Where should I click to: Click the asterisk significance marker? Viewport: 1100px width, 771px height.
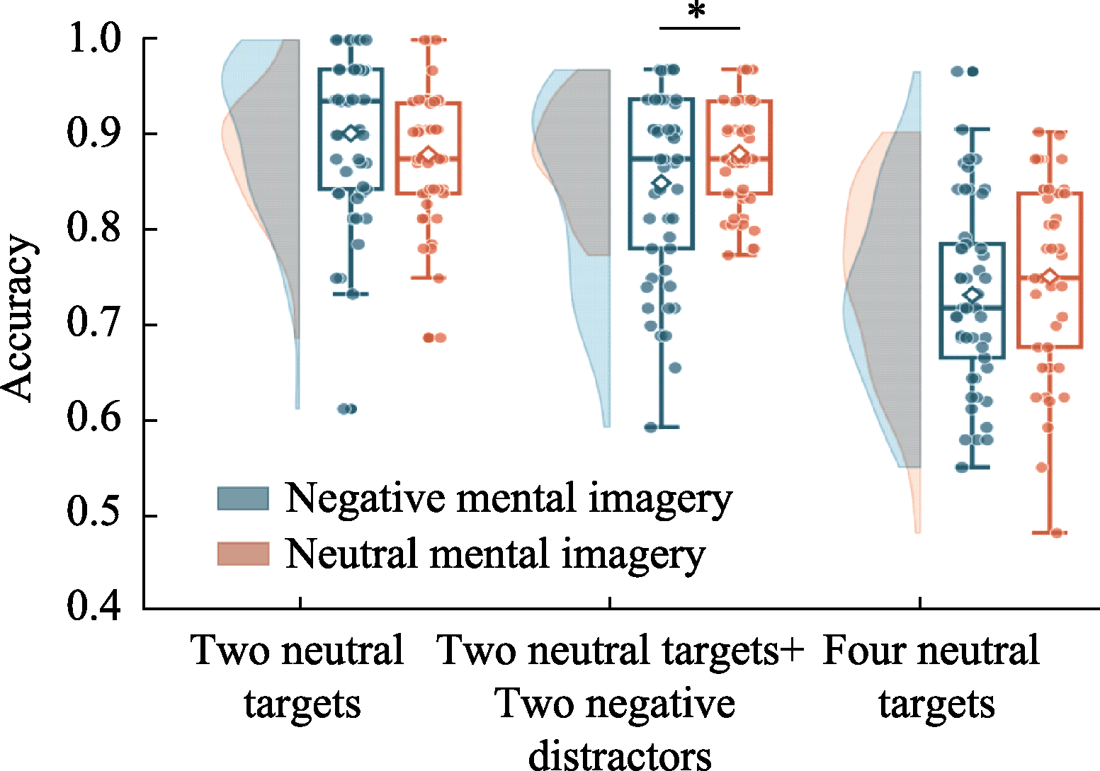coord(697,11)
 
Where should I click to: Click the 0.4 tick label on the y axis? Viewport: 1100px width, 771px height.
coord(93,607)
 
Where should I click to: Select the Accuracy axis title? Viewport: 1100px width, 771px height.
coord(18,319)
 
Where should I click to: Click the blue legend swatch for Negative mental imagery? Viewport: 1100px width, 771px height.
coord(243,498)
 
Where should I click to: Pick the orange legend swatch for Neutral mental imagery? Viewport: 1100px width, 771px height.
coord(243,554)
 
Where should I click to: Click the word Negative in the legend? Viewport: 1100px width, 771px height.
coord(365,499)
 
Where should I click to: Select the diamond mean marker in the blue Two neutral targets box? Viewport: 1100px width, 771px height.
coord(351,134)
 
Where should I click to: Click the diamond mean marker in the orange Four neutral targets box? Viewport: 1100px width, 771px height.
coord(1050,276)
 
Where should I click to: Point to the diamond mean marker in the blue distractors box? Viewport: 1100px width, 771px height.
coord(662,183)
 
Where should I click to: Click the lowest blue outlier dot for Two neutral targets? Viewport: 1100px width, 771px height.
coord(348,409)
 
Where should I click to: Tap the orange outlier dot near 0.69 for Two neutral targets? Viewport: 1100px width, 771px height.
coord(435,338)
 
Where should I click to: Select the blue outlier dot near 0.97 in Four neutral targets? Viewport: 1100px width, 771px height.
coord(965,72)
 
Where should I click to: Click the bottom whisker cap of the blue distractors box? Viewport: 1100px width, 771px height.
coord(662,427)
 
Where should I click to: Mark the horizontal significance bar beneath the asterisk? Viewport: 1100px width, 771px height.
coord(699,28)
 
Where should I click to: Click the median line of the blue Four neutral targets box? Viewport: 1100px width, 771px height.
coord(973,309)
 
